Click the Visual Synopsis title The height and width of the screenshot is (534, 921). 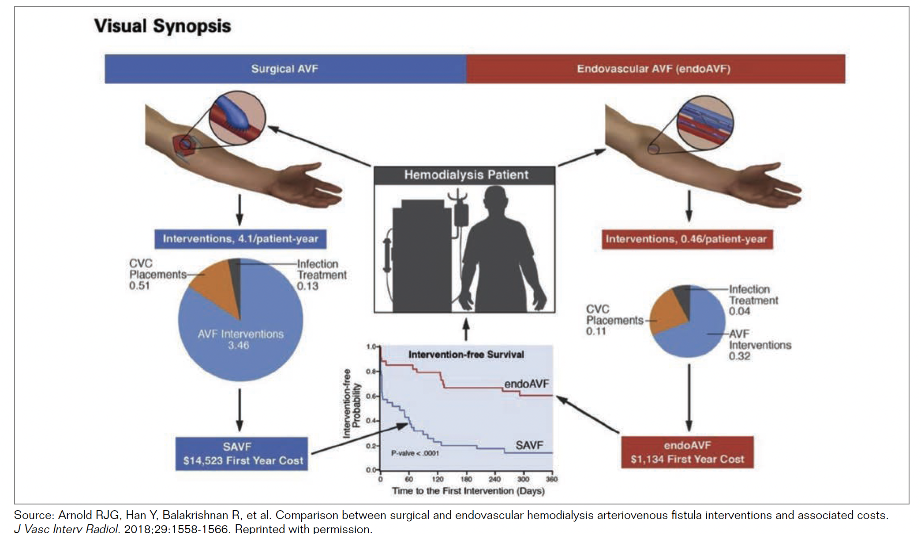pyautogui.click(x=162, y=26)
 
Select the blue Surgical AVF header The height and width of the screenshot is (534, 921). pyautogui.click(x=285, y=69)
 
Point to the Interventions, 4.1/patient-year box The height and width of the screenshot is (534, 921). pyautogui.click(x=240, y=239)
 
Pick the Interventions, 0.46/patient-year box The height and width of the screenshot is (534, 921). pyautogui.click(x=687, y=239)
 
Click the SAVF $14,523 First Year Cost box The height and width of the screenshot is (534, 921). pyautogui.click(x=242, y=454)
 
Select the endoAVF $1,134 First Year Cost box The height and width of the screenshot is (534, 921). pyautogui.click(x=687, y=452)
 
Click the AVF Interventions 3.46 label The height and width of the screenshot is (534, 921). pyautogui.click(x=240, y=340)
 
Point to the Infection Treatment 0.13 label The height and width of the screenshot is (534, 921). pyautogui.click(x=322, y=275)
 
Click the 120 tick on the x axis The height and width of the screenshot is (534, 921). pyautogui.click(x=438, y=479)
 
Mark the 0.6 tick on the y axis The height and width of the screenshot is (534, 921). pyautogui.click(x=371, y=396)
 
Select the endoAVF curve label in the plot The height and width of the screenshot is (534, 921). pyautogui.click(x=526, y=384)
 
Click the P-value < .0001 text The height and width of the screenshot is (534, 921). pyautogui.click(x=415, y=453)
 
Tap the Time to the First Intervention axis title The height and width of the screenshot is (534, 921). pyautogui.click(x=468, y=491)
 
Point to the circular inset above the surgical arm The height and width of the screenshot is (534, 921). pyautogui.click(x=237, y=118)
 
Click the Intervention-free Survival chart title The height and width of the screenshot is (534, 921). pyautogui.click(x=466, y=355)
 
